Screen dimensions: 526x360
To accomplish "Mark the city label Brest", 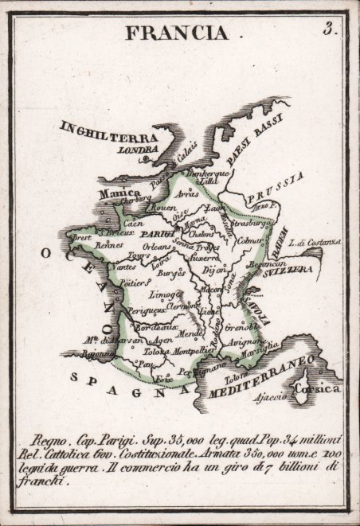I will point(83,238).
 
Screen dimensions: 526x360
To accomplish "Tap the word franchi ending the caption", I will point(47,482).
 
